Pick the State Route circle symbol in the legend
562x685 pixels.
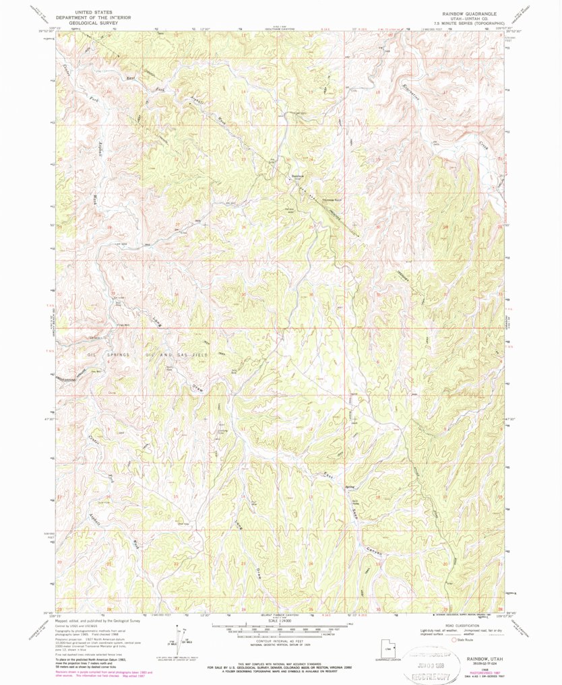452,639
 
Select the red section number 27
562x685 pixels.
177,224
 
